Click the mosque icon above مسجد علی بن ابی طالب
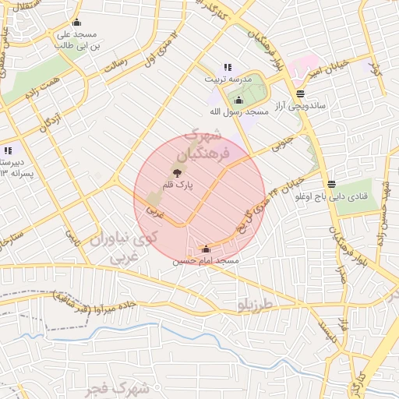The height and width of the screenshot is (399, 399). point(76,23)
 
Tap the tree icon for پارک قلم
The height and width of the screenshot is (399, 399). point(178,173)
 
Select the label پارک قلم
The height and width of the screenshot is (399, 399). point(178,186)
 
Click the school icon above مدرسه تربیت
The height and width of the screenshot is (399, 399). point(228,68)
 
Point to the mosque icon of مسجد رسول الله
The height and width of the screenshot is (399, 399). point(238,101)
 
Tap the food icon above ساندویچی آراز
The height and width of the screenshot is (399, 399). point(300,94)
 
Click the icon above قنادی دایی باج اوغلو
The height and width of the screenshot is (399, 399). point(333,184)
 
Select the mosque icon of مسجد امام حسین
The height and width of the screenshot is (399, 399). point(206,249)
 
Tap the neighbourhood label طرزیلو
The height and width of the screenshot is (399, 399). point(259,306)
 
